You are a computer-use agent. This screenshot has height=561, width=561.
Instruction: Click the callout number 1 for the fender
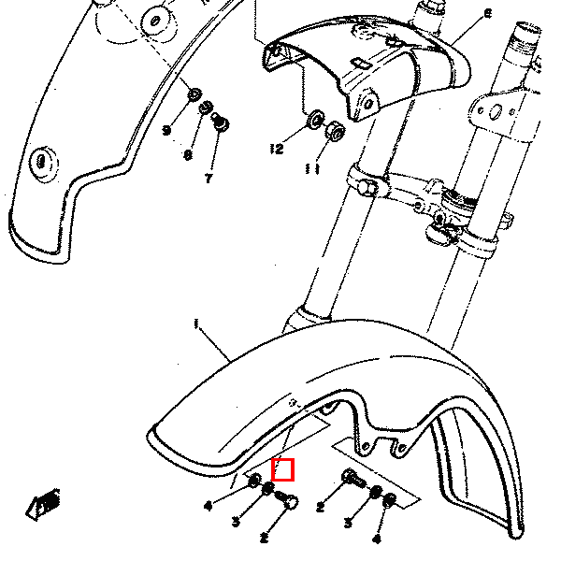coord(197,324)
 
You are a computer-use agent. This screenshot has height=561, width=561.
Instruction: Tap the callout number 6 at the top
coord(487,14)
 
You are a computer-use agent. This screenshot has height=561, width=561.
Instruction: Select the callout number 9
coord(166,130)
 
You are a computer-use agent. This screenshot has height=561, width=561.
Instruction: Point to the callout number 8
coord(188,154)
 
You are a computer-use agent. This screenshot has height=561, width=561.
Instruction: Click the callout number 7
coord(209,178)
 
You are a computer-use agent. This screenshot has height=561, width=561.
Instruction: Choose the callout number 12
coord(276,149)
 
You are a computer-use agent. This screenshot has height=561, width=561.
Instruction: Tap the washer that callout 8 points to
coord(208,108)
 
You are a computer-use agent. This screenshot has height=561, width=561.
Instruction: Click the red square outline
coord(283,469)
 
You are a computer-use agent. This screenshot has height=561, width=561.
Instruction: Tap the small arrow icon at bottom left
coord(43,505)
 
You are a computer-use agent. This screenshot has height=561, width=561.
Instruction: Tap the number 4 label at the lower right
coord(377,539)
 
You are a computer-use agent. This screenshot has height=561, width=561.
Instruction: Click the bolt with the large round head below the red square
coord(288,504)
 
